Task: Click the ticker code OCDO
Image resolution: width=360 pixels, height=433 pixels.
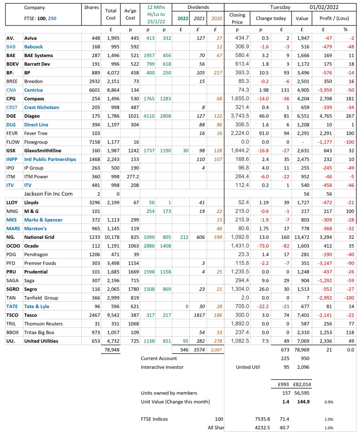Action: [x=13, y=246]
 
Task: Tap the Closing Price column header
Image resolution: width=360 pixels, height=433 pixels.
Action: [x=237, y=18]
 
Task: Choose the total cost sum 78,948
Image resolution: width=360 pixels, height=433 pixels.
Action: [x=111, y=350]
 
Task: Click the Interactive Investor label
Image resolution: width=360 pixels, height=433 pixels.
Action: [x=162, y=367]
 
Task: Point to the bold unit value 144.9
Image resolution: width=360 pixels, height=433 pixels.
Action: [x=302, y=401]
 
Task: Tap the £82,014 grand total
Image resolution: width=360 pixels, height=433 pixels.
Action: [x=302, y=385]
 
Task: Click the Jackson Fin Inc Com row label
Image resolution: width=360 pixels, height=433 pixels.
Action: [x=48, y=194]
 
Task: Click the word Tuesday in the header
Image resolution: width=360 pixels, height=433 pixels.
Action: [x=280, y=7]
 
